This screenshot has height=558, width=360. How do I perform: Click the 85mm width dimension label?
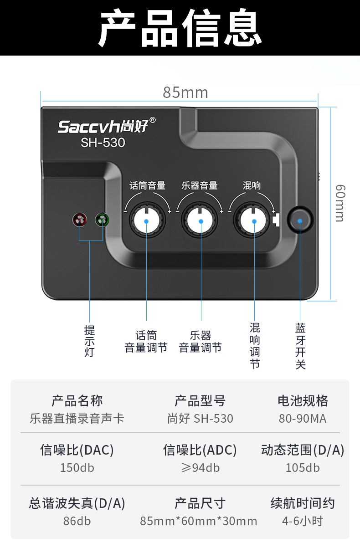point(185,92)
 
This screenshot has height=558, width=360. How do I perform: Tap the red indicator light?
point(79,220)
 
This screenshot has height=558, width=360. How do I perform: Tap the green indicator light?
point(102,220)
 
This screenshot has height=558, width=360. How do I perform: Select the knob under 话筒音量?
point(146,221)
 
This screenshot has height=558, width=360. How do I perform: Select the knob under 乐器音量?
point(201,221)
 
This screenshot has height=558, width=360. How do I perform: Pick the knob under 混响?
point(254,221)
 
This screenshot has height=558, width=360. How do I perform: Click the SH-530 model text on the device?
point(103,143)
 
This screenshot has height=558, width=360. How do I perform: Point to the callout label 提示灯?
point(89,341)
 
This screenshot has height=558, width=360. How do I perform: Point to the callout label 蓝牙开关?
point(300,346)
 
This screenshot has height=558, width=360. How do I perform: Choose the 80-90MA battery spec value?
point(303,419)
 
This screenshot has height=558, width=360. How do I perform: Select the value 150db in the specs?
point(77,468)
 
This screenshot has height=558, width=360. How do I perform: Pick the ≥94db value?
point(200,468)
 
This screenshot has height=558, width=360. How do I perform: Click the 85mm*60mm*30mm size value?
point(199,521)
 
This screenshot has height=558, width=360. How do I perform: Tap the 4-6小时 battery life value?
point(303,521)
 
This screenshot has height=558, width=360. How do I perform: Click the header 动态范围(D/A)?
point(303,450)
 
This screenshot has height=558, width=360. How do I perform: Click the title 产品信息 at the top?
point(180,28)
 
